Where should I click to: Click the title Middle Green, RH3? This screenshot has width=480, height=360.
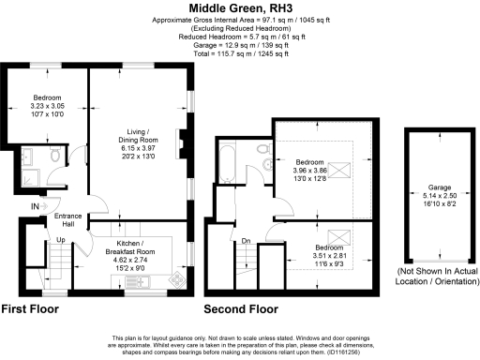240,7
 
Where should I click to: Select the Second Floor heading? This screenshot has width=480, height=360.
242,308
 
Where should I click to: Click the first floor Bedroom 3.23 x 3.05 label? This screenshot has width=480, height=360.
47,106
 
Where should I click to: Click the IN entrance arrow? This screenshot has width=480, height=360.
36,205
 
